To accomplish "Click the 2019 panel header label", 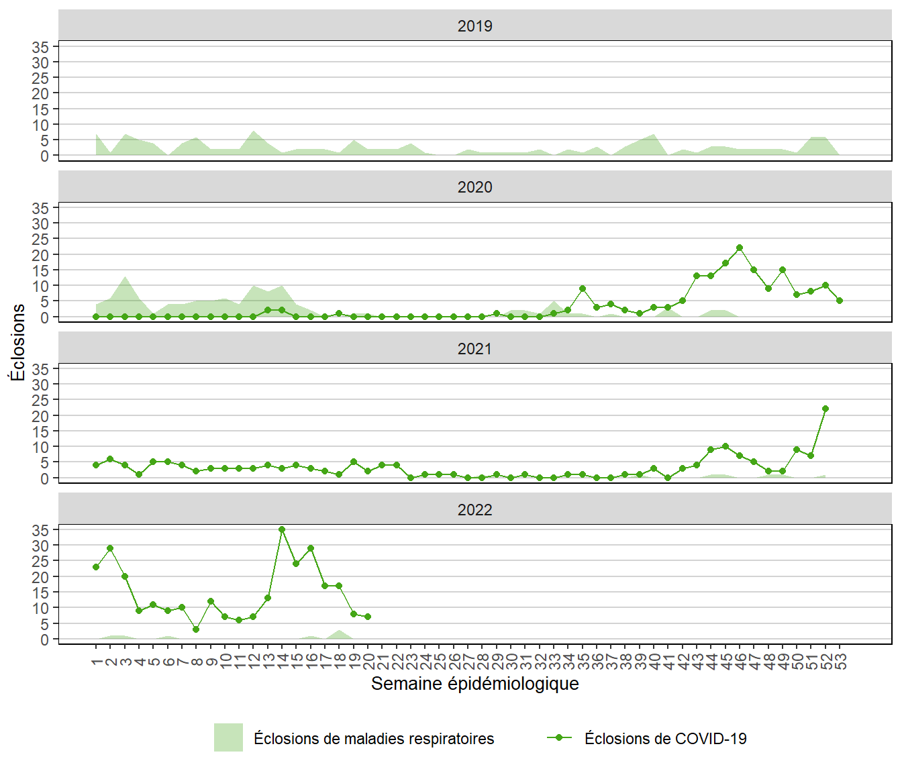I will click(x=474, y=26).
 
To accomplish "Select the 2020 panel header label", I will click(x=474, y=187).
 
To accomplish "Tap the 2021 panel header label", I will click(x=474, y=349).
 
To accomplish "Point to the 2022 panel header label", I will click(x=474, y=510).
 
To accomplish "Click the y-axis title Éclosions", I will click(x=17, y=342).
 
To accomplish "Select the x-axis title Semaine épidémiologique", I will click(x=474, y=684).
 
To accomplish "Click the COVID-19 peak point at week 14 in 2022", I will click(x=282, y=529).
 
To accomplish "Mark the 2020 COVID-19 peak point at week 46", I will click(x=740, y=248).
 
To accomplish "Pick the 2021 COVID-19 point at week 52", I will click(x=825, y=409).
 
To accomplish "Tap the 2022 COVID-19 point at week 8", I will click(x=196, y=629).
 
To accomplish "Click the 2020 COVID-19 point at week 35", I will click(x=583, y=289).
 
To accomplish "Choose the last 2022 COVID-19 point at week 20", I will click(x=368, y=617).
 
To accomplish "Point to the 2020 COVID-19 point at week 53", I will click(x=840, y=301).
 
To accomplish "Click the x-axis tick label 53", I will click(x=840, y=662).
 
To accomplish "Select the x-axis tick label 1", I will click(x=97, y=662).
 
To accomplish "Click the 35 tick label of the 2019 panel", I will click(x=40, y=47).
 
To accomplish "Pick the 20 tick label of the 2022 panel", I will click(x=40, y=577).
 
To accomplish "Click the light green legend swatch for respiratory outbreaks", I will click(x=228, y=737).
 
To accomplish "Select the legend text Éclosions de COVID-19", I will click(x=665, y=739).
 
